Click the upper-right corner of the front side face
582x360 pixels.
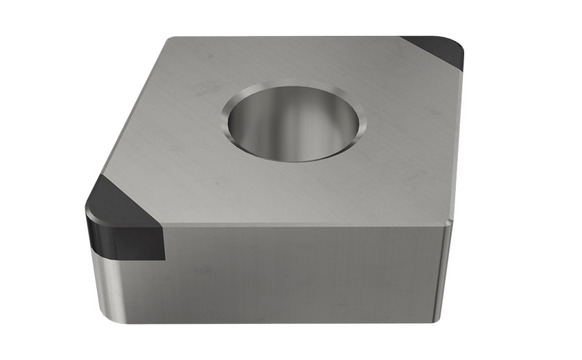pos(447,223)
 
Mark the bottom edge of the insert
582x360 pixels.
pos(277,322)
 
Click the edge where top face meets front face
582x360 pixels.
pos(305,225)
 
